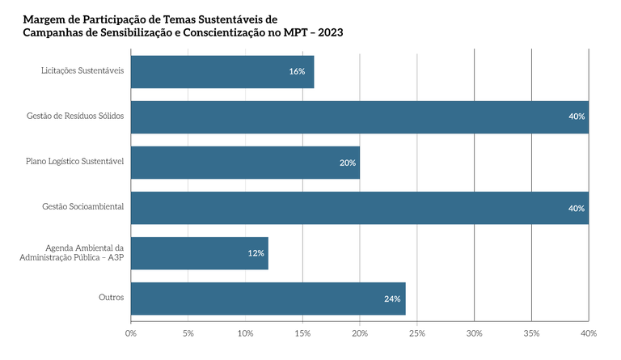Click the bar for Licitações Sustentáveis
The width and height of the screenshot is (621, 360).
[222, 71]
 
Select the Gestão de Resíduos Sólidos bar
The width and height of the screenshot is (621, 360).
[359, 116]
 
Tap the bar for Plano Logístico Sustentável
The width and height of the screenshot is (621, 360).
[244, 162]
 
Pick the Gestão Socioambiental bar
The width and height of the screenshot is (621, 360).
[359, 208]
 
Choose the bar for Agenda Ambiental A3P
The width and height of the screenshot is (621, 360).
[199, 253]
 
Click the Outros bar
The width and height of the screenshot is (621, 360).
[268, 299]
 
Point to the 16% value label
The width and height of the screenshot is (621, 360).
[297, 71]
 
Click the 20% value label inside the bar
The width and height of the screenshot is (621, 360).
[348, 163]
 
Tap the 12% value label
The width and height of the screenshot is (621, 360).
[256, 253]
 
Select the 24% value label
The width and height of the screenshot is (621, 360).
[393, 299]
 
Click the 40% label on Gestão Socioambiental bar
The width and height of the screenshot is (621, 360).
[577, 208]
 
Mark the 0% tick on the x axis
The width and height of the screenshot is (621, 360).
[131, 333]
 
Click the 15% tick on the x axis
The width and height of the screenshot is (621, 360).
[302, 333]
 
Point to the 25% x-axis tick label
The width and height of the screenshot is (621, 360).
[417, 333]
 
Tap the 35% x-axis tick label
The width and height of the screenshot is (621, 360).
[531, 333]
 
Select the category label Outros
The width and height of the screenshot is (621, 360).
[111, 298]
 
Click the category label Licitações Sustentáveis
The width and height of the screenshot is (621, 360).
[82, 70]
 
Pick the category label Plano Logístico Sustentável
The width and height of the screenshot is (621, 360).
[74, 161]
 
